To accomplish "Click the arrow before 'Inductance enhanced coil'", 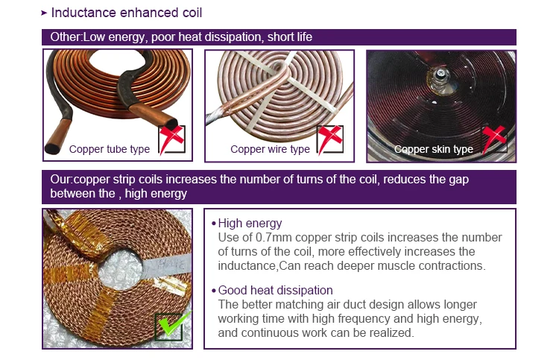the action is coord(44,13).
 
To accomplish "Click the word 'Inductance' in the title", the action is coord(83,13).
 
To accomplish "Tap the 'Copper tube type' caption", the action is coord(110,149).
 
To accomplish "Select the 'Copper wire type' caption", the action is coord(270,149).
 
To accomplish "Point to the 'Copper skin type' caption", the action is coord(434,149).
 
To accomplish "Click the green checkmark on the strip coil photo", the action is coord(173,324).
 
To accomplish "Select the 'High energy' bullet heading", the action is coord(250,223).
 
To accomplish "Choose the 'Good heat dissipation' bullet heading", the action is coord(275,290).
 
